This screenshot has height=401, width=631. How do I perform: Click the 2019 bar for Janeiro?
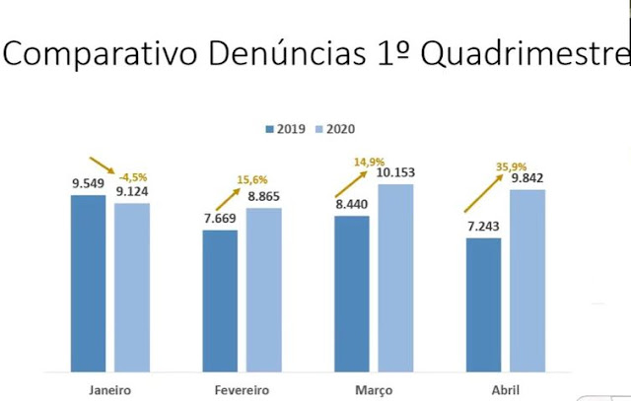click(88, 283)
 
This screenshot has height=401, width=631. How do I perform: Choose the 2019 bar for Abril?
click(483, 304)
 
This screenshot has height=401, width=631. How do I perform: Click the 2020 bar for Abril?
click(527, 280)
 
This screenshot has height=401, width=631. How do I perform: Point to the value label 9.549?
click(88, 183)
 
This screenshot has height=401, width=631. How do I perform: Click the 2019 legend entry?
click(286, 129)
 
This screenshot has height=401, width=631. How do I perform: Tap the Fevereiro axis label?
click(242, 387)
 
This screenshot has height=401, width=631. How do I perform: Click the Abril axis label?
click(505, 387)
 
